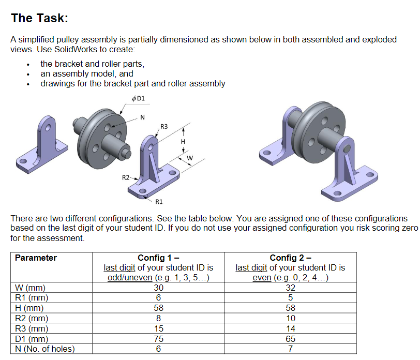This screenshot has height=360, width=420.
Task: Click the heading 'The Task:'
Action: tap(39, 18)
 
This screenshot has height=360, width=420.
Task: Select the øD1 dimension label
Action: tap(138, 98)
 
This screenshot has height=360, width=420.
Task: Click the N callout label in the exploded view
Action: tap(143, 117)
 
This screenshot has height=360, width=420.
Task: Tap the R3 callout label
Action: tap(164, 126)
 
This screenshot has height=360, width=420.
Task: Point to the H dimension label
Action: tap(183, 141)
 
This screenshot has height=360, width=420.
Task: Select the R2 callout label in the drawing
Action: tap(126, 178)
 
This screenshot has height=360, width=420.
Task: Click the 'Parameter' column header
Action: tap(36, 258)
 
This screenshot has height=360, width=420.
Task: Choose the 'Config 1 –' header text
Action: tap(158, 258)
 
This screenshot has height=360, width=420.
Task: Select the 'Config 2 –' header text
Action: tap(290, 258)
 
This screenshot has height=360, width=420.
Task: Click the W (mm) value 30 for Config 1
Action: tap(158, 288)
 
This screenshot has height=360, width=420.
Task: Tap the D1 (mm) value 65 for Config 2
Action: tap(290, 339)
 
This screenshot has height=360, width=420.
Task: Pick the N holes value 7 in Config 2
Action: tap(290, 349)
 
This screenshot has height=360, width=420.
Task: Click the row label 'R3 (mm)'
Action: tap(32, 328)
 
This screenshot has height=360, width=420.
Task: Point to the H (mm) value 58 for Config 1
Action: tap(158, 308)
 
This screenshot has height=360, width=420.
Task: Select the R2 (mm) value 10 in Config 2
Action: tap(290, 318)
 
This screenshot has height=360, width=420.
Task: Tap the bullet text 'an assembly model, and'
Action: tap(87, 73)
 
